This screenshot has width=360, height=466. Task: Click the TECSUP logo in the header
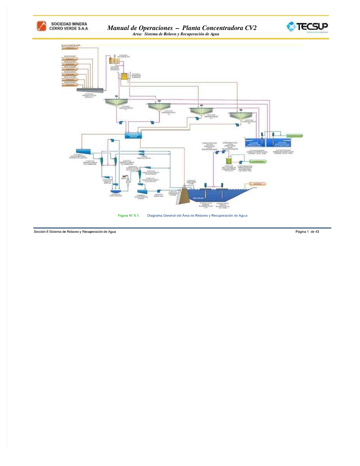(x=307, y=27)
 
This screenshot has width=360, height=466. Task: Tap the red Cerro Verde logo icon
(x=41, y=26)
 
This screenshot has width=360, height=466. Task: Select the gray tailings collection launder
(x=90, y=90)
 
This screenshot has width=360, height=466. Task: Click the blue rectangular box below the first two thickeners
(x=133, y=135)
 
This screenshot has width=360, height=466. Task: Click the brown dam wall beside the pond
(x=183, y=197)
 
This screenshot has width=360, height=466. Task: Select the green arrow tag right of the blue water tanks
(x=295, y=136)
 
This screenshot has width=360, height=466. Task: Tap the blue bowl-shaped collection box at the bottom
(x=115, y=191)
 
